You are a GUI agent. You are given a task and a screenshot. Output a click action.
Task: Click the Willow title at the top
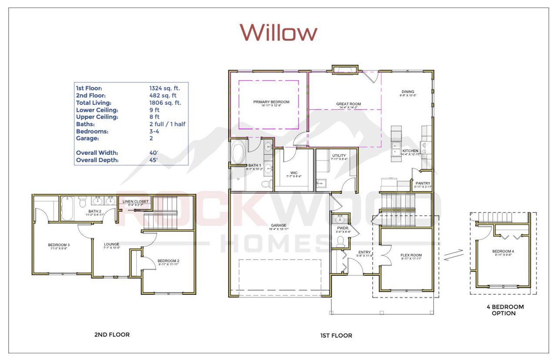pos(278,32)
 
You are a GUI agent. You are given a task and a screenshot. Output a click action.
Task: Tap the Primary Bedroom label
pos(271,102)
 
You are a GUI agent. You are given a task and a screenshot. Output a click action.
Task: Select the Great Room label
pos(348,104)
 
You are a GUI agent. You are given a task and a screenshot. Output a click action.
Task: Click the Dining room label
pos(408,92)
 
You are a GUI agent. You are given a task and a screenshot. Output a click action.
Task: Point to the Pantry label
pos(423,183)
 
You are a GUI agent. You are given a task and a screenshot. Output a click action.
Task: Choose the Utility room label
pos(339,156)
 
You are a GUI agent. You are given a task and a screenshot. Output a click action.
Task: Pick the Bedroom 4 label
pos(503,252)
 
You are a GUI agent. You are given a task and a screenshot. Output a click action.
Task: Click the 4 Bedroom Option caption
pos(505,310)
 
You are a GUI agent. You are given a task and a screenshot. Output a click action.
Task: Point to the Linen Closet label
pos(135,202)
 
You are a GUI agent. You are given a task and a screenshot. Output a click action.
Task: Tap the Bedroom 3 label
pos(59,245)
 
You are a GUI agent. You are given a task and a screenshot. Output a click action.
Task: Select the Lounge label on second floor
pos(111,244)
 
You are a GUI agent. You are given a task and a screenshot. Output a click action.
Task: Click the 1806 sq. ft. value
pos(165,103)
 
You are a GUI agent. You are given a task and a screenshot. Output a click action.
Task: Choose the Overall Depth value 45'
pos(154,160)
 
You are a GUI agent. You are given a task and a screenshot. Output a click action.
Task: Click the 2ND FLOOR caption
pos(112,334)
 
